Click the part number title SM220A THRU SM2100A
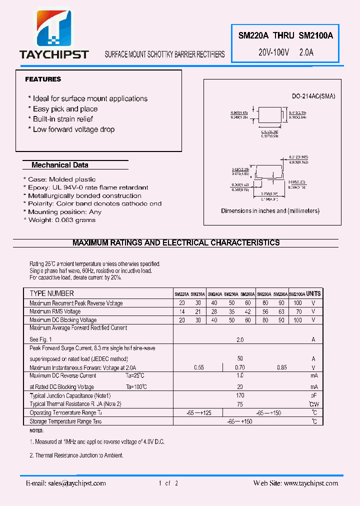(285, 35)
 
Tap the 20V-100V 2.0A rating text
(285, 52)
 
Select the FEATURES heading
(43, 79)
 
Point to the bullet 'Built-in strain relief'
(63, 119)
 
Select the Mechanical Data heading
(59, 165)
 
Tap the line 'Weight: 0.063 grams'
(61, 220)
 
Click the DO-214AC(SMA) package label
(313, 96)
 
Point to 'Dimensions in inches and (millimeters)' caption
(270, 211)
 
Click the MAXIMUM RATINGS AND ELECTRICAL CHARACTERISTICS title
(176, 243)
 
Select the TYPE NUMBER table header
(51, 293)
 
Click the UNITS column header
(313, 293)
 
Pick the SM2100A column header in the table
(297, 294)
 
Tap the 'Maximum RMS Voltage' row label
(54, 311)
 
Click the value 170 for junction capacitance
(240, 395)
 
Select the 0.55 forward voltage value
(198, 368)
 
